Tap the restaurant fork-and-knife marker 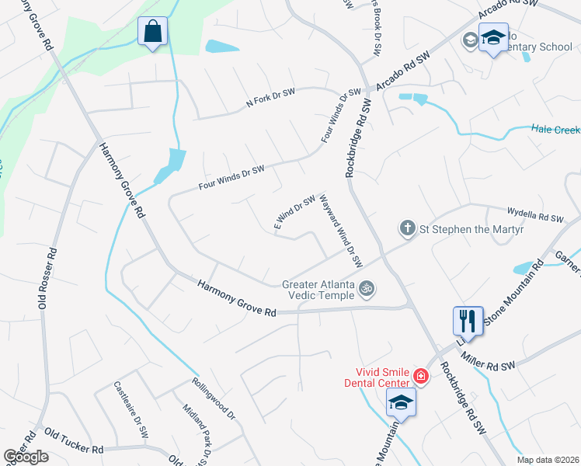[468, 320]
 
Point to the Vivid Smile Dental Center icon [420, 377]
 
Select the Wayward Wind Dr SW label [342, 231]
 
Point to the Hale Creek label [555, 130]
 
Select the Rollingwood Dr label [213, 398]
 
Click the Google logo [26, 457]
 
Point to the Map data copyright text [548, 460]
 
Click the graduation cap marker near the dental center [401, 402]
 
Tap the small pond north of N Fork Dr [223, 47]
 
